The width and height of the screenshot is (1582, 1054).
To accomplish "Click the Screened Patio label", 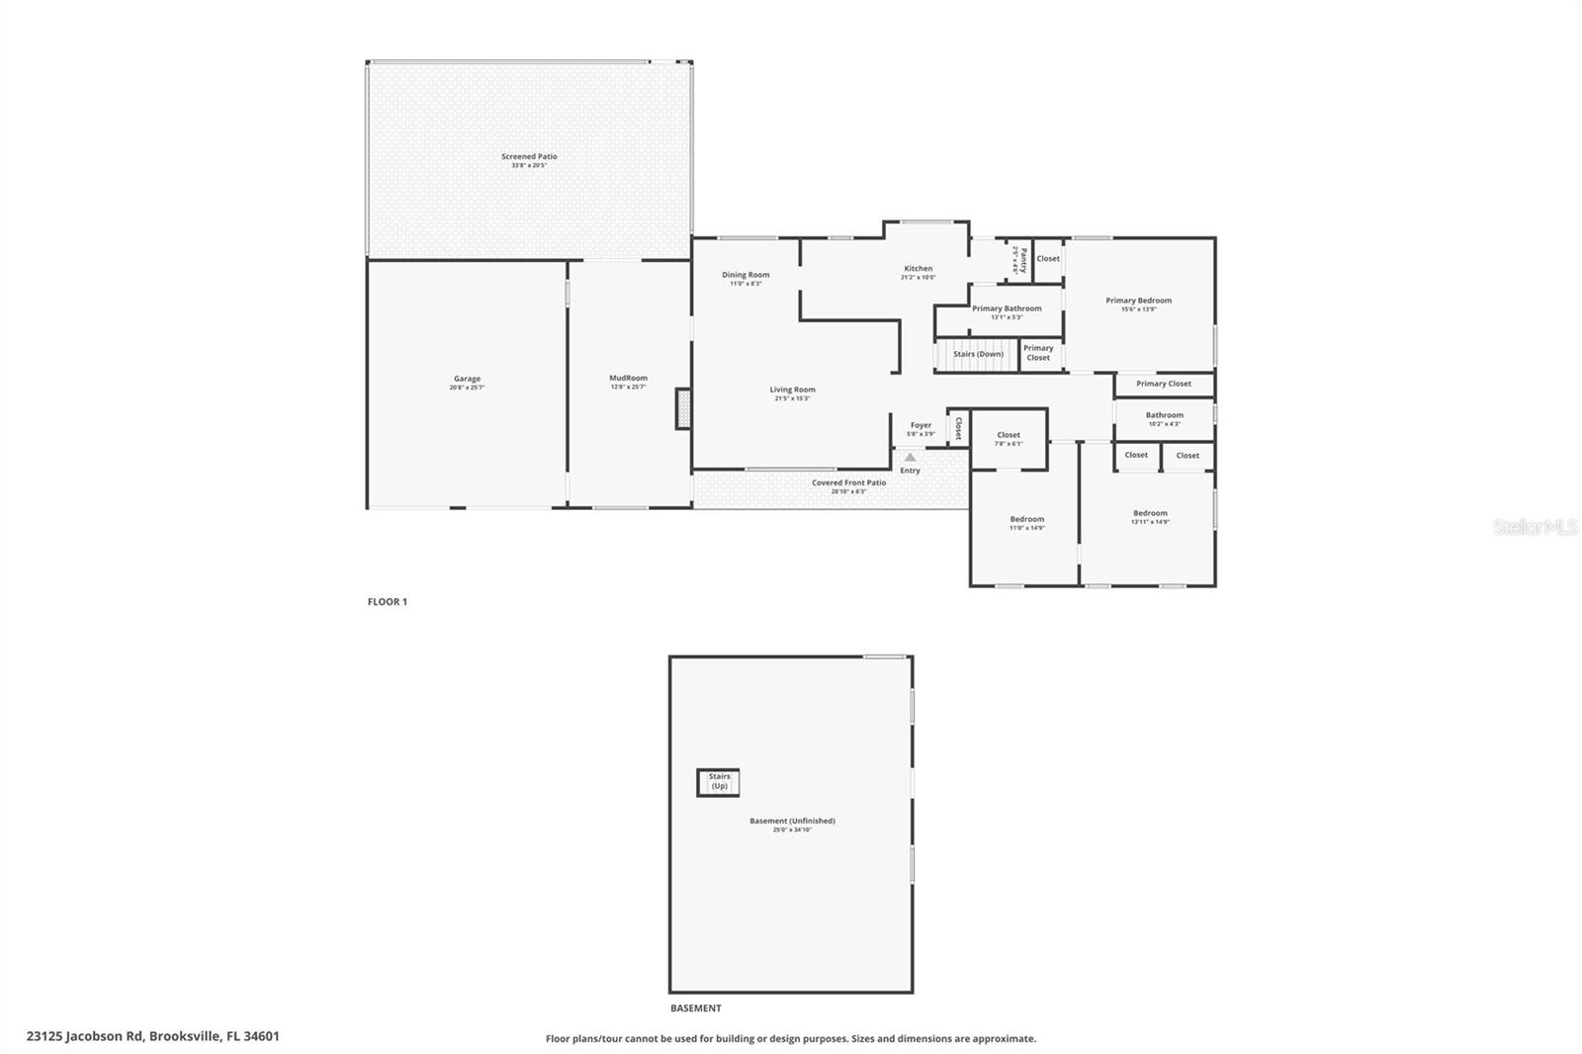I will pos(529,157).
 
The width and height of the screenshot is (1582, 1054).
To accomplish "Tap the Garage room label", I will pos(467,379).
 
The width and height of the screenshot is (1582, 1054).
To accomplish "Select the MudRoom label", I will pos(628,378).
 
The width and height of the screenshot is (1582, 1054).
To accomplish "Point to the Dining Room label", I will pos(746,275).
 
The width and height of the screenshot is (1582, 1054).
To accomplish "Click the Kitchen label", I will pos(918,269).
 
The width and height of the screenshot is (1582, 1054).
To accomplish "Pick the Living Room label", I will pos(792,390).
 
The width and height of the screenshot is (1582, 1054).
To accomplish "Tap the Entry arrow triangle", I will pos(910,458).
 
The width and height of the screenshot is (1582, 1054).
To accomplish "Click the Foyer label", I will pos(921,425).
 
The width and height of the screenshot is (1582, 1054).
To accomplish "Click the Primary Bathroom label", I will pos(1007,308).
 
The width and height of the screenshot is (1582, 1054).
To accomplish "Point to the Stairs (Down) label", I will pos(978,354).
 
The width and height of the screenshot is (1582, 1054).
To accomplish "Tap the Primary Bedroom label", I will pos(1138,301).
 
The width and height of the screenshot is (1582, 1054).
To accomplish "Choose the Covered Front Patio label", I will pos(848,483).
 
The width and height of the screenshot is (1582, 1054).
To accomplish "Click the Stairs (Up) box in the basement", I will pos(719,782).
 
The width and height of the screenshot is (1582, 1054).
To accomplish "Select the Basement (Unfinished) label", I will pos(792,821).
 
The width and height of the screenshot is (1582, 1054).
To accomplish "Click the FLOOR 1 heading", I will pos(388,601).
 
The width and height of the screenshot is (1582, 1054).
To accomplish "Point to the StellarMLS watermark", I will pos(1535,527).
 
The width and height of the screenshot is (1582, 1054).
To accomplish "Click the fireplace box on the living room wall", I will pos(682,408).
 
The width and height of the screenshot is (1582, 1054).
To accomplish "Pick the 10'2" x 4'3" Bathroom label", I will pos(1164,416).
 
